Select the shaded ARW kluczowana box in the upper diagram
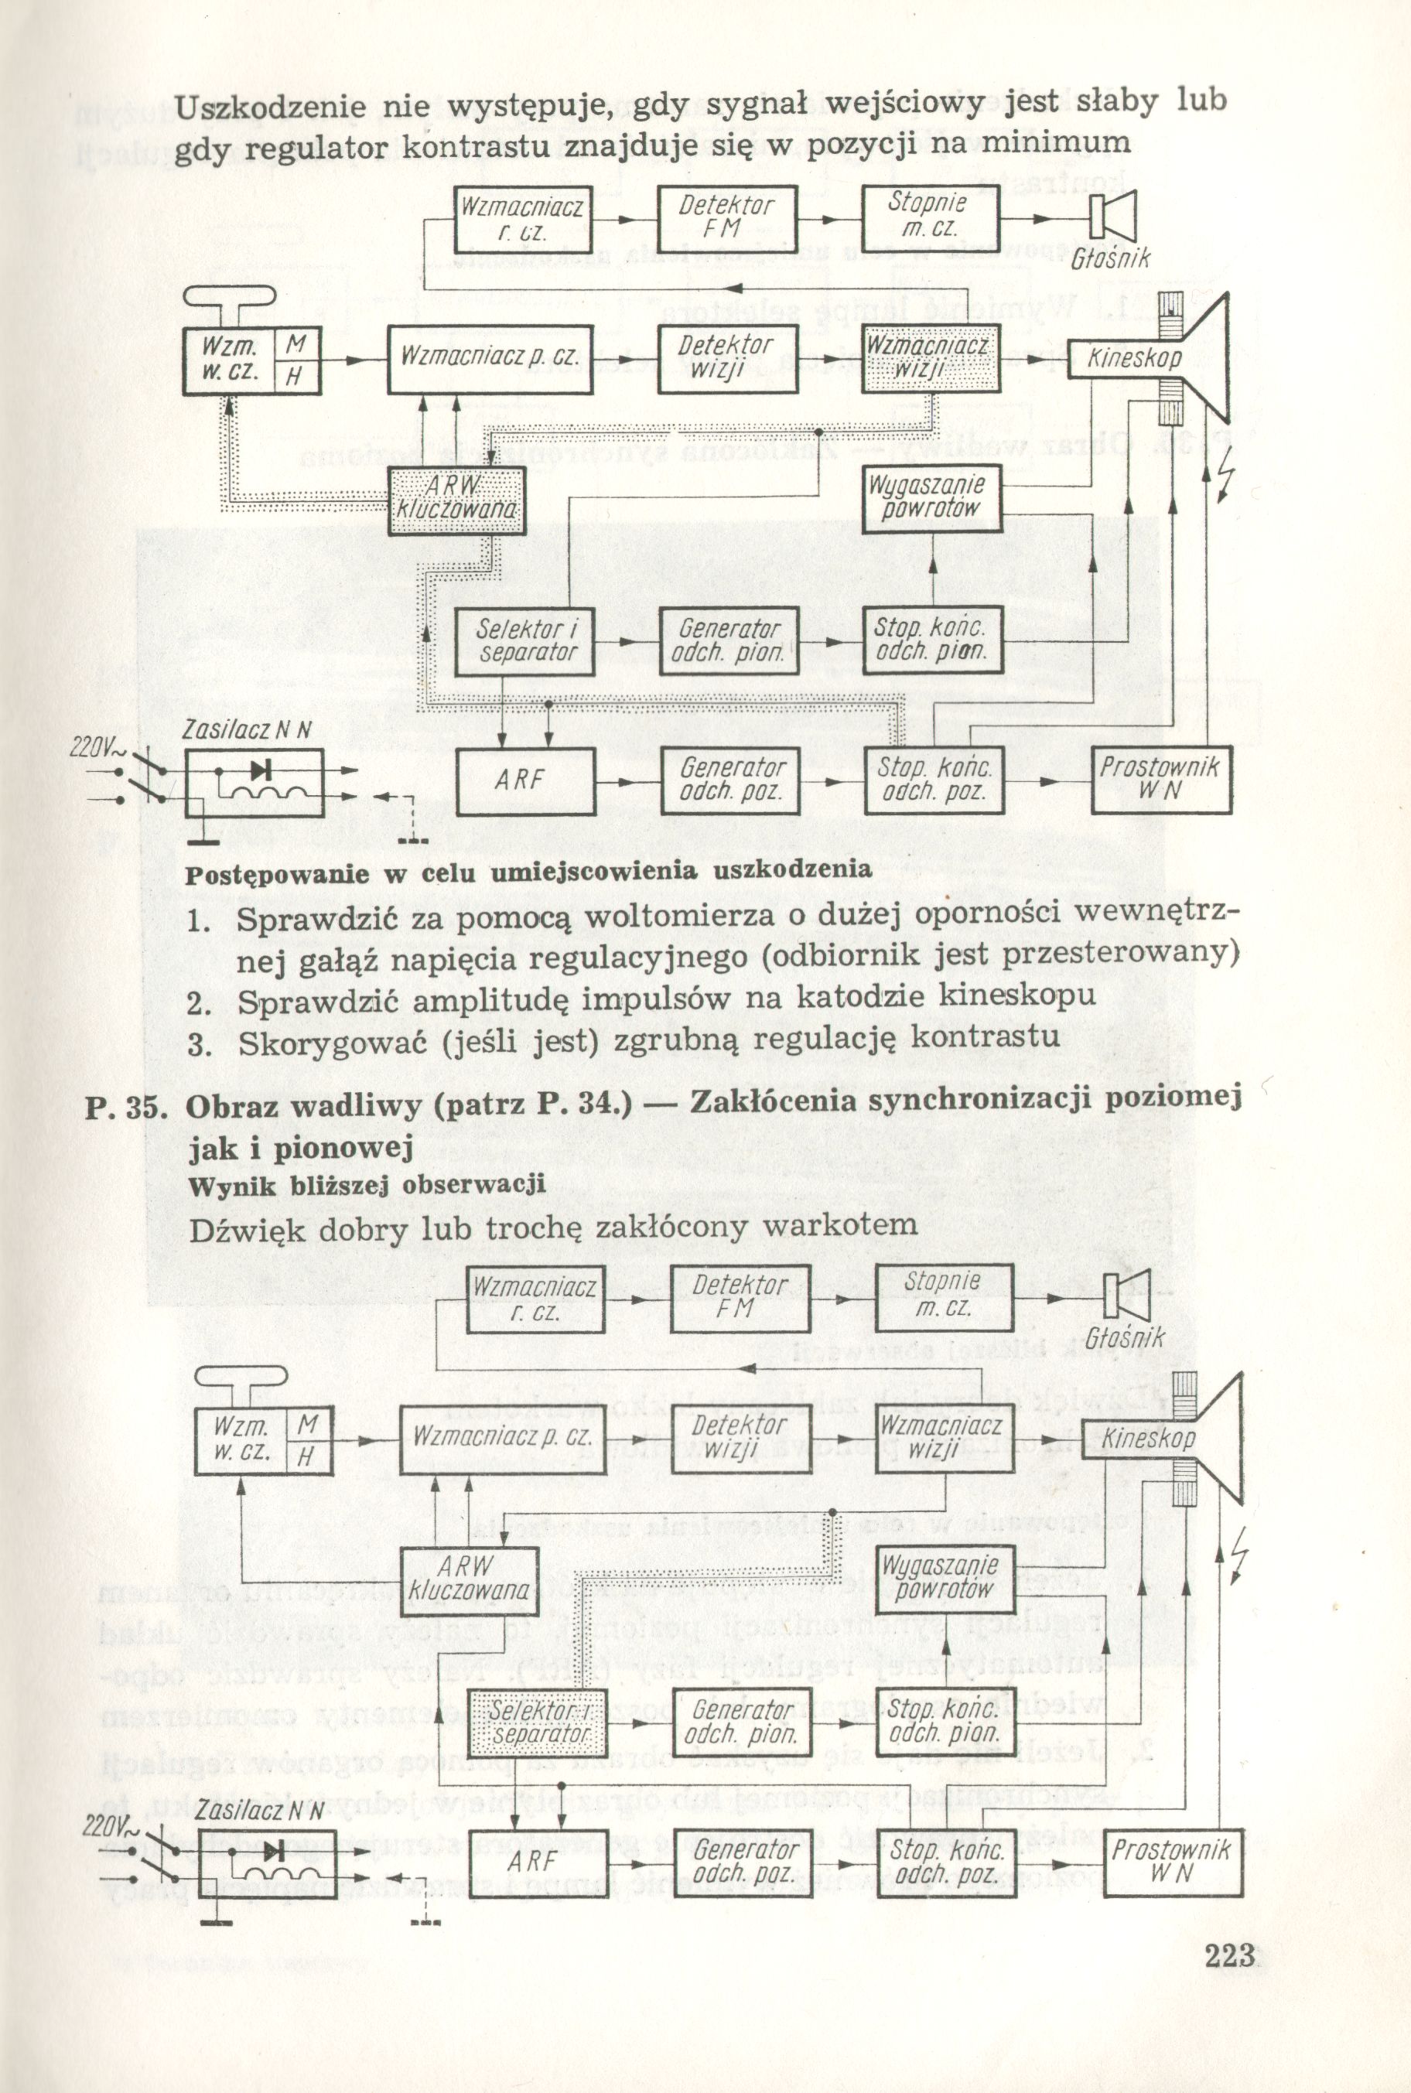tap(457, 502)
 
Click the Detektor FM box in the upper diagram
tap(726, 219)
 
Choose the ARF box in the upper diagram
tap(524, 780)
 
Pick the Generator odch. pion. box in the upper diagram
tap(728, 641)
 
